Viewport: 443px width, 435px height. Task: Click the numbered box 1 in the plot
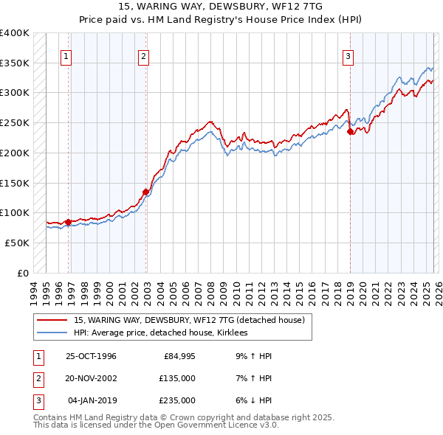click(66, 55)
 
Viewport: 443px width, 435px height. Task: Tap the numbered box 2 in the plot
click(143, 55)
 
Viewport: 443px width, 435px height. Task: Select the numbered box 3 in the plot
click(348, 55)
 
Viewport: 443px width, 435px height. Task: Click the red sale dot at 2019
click(350, 132)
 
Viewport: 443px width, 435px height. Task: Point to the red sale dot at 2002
click(146, 192)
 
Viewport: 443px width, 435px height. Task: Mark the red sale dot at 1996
click(68, 222)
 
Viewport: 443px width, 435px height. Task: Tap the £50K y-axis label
click(18, 243)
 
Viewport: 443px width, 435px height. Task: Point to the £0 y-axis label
click(23, 273)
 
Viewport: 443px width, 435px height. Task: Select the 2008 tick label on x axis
click(212, 290)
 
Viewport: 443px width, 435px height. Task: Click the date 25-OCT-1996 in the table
click(91, 356)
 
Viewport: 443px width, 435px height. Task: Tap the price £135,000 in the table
click(177, 378)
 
